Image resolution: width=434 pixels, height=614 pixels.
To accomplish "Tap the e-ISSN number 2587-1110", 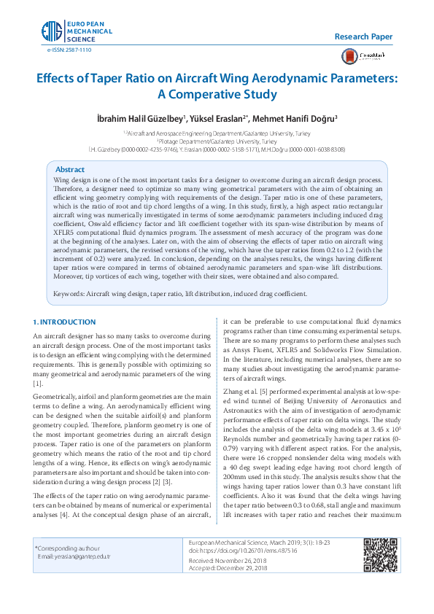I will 69,50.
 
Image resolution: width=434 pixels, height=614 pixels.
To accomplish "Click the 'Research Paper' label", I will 363,36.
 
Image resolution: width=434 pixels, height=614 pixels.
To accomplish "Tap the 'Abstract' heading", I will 70,168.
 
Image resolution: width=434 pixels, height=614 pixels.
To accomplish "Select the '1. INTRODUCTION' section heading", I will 65,322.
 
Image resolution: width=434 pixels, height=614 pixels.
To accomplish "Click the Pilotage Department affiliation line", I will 217,141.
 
